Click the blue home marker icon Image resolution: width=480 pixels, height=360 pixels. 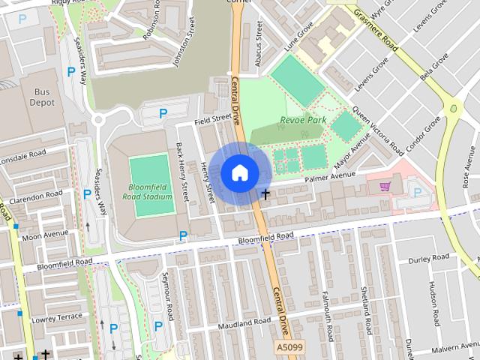[x=239, y=173]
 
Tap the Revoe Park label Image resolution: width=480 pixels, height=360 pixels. [x=303, y=119]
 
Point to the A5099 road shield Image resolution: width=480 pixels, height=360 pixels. [x=289, y=348]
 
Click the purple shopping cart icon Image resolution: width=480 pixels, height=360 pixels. [x=385, y=186]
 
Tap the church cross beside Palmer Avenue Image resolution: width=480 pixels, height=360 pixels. [x=265, y=194]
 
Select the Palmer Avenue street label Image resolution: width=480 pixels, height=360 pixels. [x=329, y=178]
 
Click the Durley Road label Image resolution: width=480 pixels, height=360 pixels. [x=429, y=259]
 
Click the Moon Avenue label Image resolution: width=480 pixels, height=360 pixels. [x=45, y=235]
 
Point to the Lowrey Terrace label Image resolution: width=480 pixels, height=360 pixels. [x=57, y=318]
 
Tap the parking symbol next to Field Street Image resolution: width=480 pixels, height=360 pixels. [x=163, y=114]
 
